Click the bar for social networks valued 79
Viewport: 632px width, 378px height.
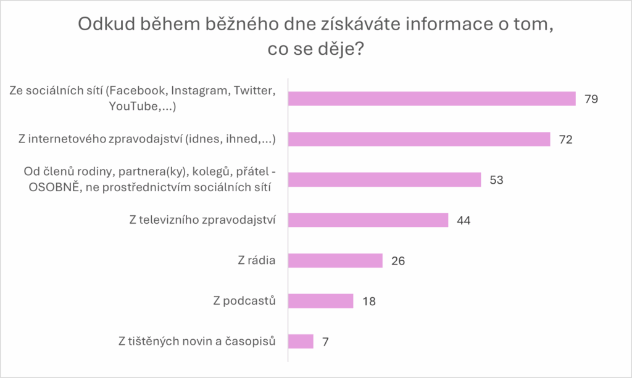click(x=432, y=99)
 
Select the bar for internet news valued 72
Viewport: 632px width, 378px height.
click(x=419, y=139)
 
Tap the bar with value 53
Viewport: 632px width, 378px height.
click(x=385, y=179)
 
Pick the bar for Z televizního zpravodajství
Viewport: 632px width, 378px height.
click(x=368, y=220)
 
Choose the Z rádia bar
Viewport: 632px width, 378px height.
click(x=335, y=260)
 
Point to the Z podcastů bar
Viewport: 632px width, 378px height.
click(x=320, y=301)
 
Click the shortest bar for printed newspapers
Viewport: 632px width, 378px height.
click(x=301, y=341)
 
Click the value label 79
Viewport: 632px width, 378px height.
click(x=591, y=99)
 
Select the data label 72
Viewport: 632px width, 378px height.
click(x=565, y=139)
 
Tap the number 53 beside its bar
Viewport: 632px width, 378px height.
click(x=496, y=180)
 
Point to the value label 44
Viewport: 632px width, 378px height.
click(x=464, y=220)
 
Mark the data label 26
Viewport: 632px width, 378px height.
click(x=398, y=261)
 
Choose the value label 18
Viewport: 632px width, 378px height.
click(x=368, y=302)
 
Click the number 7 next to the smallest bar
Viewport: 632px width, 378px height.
click(x=325, y=342)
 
